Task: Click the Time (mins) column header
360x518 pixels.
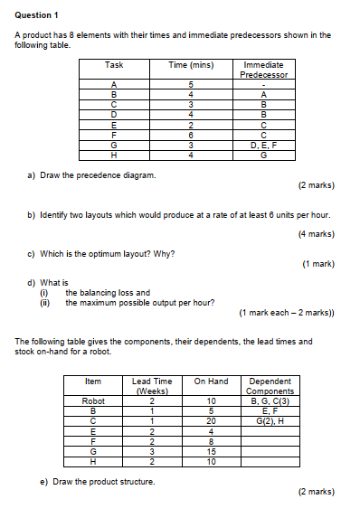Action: (190, 65)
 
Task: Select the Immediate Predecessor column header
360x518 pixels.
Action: (263, 70)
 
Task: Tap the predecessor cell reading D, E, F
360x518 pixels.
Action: (263, 145)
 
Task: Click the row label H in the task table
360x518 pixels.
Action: (114, 155)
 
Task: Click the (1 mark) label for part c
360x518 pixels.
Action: (317, 264)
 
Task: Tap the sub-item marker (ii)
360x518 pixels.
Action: (43, 303)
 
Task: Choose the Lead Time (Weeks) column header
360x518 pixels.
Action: (153, 386)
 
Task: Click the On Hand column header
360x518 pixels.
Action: (211, 381)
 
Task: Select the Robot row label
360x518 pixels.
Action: (94, 400)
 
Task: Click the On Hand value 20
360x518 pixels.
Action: (211, 419)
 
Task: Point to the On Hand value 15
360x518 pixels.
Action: (211, 451)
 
